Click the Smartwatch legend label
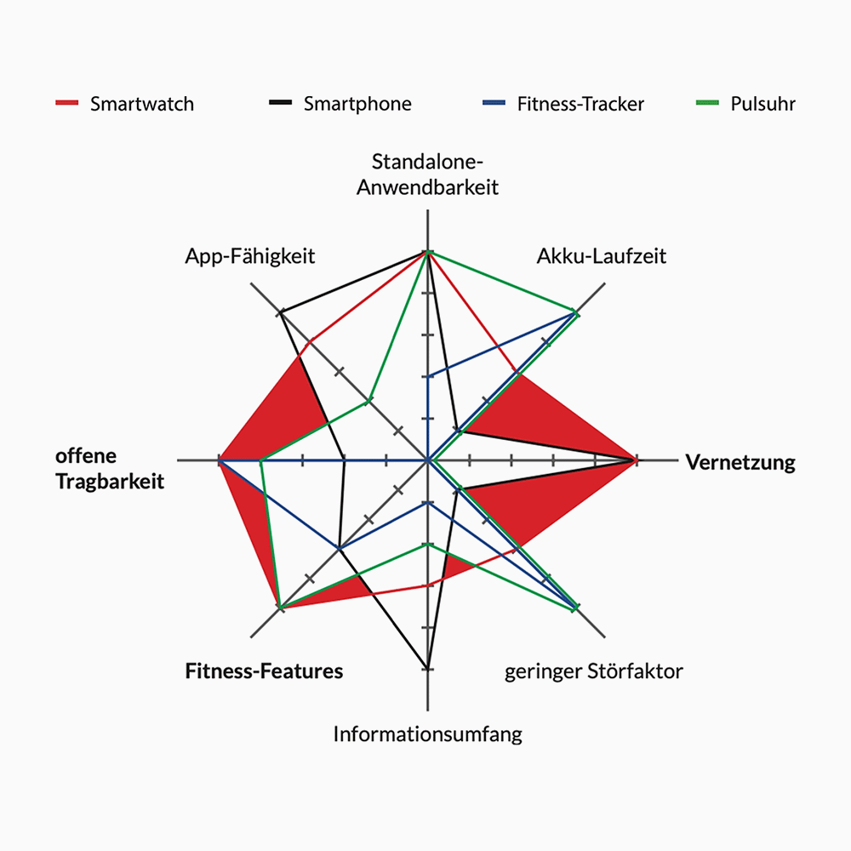pos(142,104)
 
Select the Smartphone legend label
pos(357,104)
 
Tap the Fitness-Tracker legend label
pos(580,104)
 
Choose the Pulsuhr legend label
pos(762,104)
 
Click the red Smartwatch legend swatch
pos(67,104)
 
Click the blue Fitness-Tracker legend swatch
pos(494,104)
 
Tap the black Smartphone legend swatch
pos(281,104)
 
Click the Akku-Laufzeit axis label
pos(602,255)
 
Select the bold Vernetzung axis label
pos(740,463)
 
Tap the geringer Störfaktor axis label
pos(594,671)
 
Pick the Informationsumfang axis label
pos(428,734)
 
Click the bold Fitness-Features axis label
pos(265,671)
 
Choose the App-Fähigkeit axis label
pos(250,255)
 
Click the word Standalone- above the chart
pos(428,162)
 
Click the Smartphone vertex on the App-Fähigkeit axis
pos(281,314)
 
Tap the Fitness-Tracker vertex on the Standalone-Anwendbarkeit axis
pos(428,376)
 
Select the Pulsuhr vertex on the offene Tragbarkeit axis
pos(261,460)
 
